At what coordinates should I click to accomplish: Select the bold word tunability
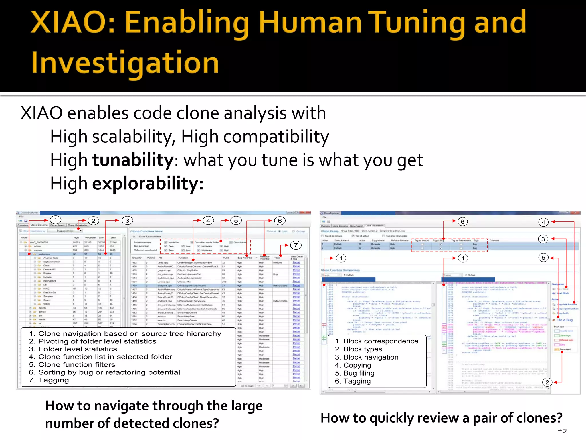(133, 160)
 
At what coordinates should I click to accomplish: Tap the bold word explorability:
(148, 183)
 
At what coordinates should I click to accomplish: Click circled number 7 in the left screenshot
(296, 245)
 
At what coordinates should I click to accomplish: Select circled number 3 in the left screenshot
(127, 221)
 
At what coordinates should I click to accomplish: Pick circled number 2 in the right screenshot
(547, 382)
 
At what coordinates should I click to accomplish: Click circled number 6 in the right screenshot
(462, 222)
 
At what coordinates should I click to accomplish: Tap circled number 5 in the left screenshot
(236, 221)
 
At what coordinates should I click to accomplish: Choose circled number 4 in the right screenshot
(543, 222)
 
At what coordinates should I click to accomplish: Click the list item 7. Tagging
(49, 380)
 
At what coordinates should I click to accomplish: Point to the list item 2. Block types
(359, 349)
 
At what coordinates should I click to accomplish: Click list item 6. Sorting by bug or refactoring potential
(104, 372)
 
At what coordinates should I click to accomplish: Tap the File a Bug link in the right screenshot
(564, 320)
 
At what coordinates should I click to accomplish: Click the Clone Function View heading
(146, 231)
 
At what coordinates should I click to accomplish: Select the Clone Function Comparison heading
(340, 270)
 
